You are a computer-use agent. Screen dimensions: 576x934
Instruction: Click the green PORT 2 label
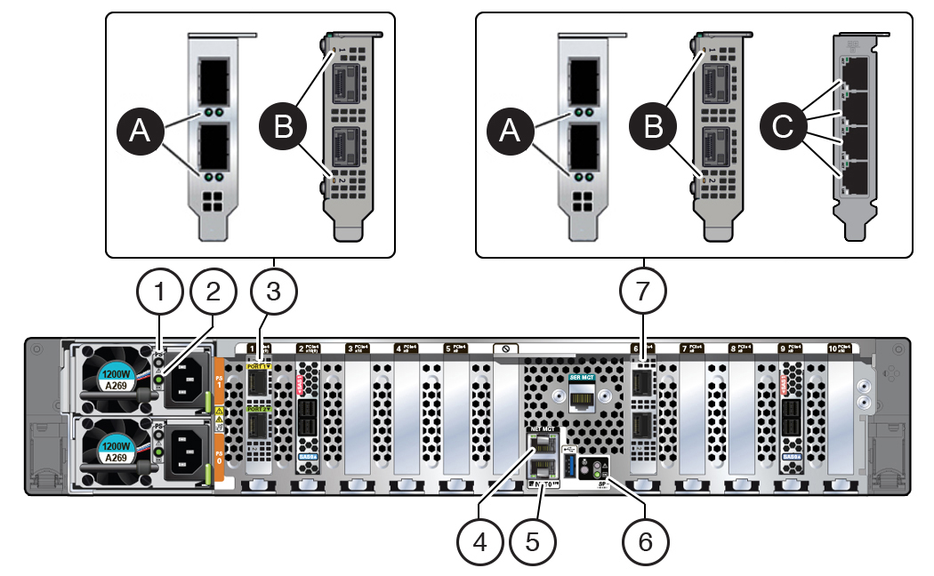258,410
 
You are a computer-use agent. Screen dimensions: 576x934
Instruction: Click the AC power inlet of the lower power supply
190,451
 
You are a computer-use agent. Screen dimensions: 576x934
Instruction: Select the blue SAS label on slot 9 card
789,460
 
